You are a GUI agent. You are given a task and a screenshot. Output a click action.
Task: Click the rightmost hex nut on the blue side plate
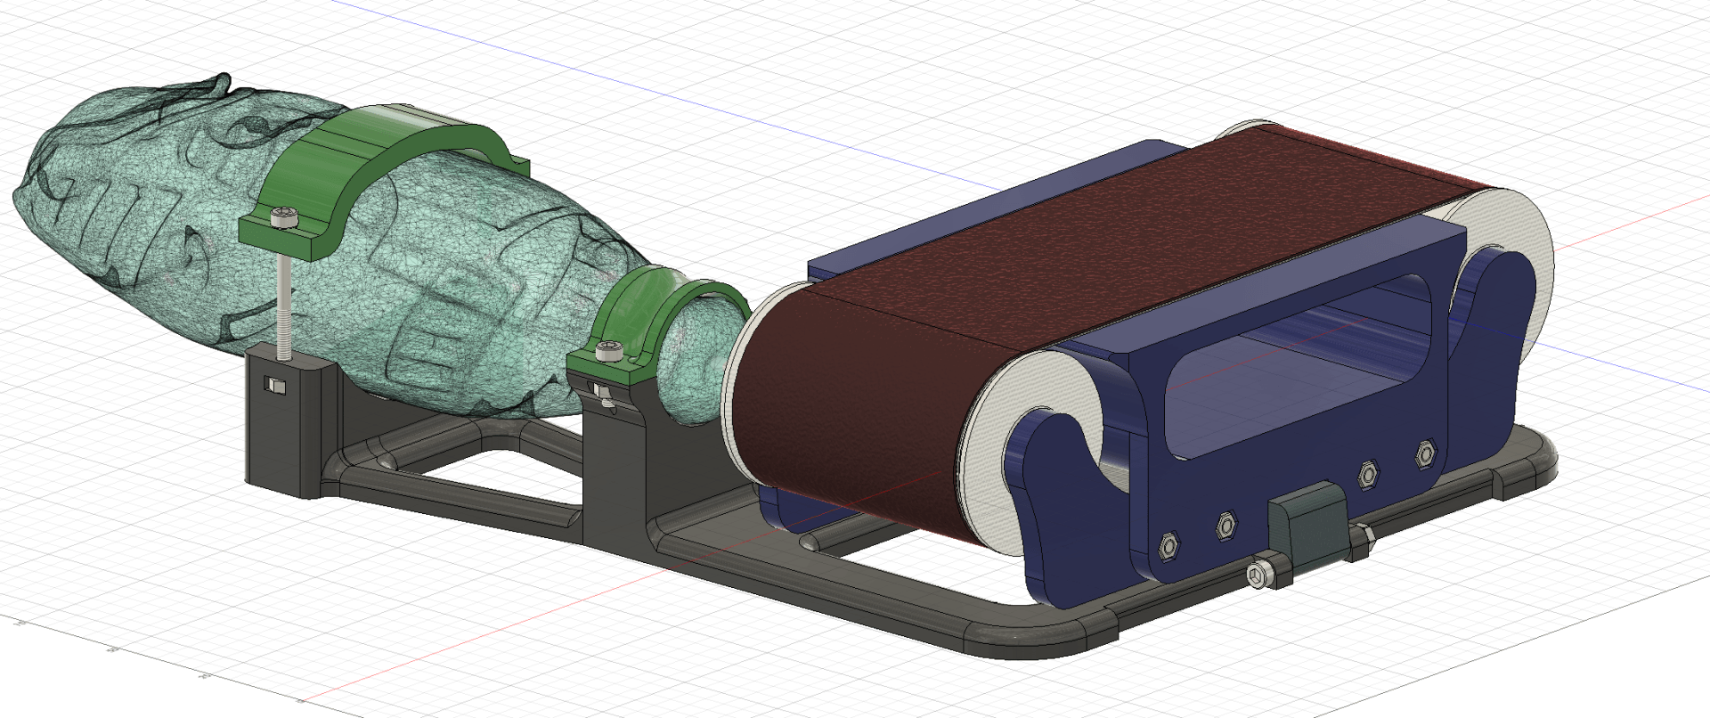pyautogui.click(x=1425, y=454)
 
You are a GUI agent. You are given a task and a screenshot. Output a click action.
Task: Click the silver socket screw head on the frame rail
pyautogui.click(x=1258, y=578)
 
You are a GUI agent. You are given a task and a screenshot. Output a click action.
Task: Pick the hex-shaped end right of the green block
pyautogui.click(x=1360, y=543)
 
